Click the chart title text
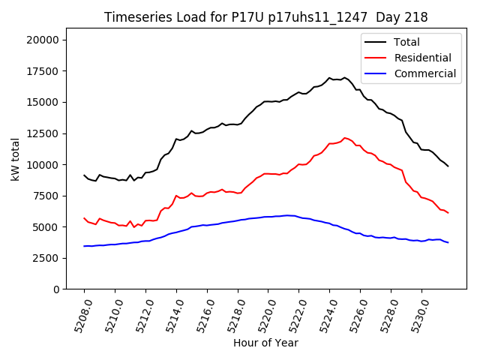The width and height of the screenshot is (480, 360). pos(265,17)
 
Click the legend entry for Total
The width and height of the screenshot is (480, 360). pos(407,42)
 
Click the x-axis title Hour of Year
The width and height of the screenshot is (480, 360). pos(265,343)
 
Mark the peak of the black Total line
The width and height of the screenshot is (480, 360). pos(345,77)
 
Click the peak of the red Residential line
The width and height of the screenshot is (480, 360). pos(345,138)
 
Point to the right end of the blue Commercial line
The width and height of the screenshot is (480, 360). pos(448,242)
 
